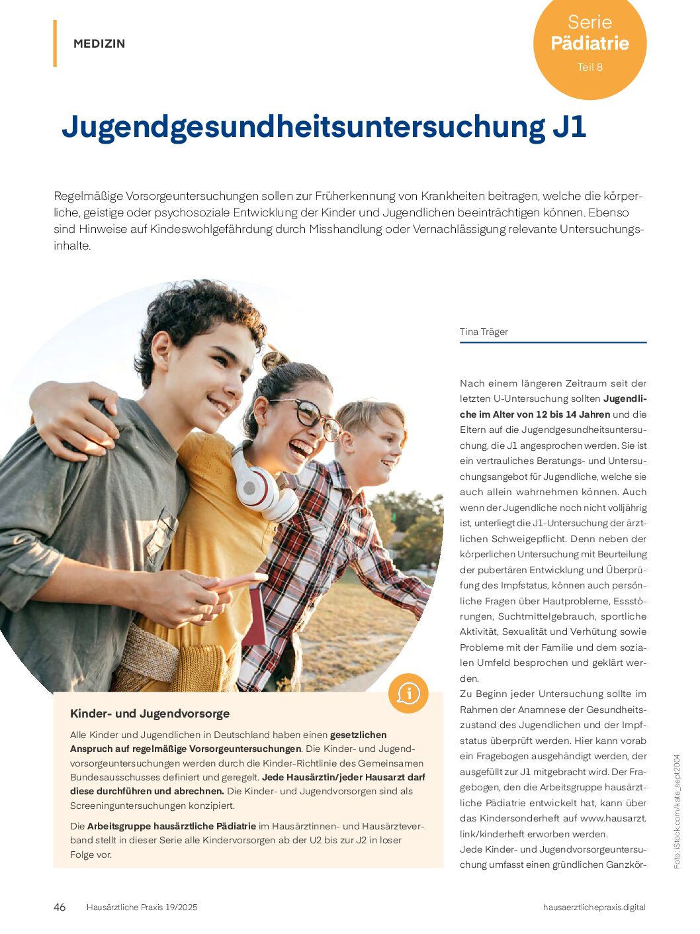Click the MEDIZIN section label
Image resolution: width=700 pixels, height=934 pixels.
[x=99, y=44]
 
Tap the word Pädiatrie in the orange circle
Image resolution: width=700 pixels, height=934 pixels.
[x=590, y=44]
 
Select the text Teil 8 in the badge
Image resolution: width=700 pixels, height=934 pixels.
[x=590, y=67]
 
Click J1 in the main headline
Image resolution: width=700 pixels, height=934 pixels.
[x=568, y=127]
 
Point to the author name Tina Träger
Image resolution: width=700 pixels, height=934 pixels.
[x=484, y=332]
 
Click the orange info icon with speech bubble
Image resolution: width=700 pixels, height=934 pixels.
[x=408, y=693]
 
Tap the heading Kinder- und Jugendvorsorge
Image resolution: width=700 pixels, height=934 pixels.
[x=150, y=714]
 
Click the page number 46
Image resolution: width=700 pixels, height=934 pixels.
[x=60, y=907]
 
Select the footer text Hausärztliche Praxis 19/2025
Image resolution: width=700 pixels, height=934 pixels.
[x=142, y=908]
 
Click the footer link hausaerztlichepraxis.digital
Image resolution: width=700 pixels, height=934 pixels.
[x=593, y=908]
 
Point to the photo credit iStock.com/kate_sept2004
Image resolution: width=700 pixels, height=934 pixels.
[x=677, y=811]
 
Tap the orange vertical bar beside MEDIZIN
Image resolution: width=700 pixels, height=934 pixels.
[x=55, y=44]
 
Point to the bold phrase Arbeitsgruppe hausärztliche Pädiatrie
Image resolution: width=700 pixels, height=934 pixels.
[x=171, y=826]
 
